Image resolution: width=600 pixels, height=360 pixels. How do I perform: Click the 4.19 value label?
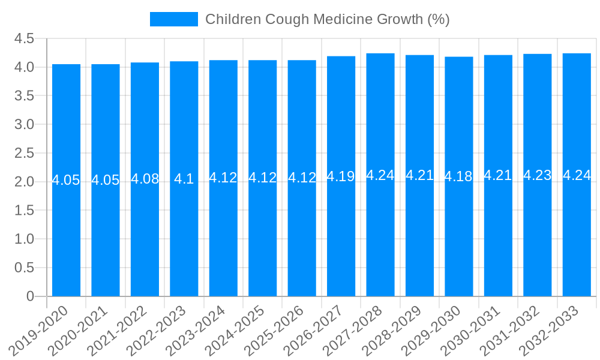click(341, 176)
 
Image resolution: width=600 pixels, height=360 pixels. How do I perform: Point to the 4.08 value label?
click(145, 179)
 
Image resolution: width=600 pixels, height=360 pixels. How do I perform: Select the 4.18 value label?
click(458, 176)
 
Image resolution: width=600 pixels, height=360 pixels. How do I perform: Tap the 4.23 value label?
click(537, 175)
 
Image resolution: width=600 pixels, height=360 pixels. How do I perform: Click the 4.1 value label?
click(184, 179)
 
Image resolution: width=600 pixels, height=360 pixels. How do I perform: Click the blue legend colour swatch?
click(173, 19)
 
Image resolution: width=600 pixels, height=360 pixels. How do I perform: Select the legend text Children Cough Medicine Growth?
click(327, 19)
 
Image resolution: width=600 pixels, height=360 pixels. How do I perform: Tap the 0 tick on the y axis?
click(30, 296)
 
